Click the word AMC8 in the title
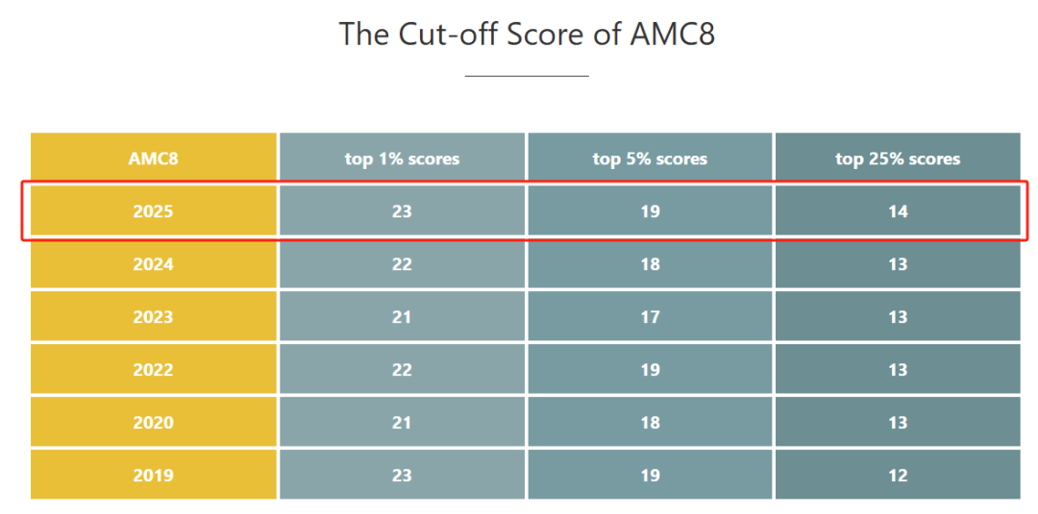tap(672, 35)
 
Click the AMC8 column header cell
tap(154, 159)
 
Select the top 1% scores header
tap(402, 159)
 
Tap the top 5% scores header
tap(650, 159)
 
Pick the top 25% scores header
tap(898, 159)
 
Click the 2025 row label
tap(154, 211)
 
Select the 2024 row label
tap(154, 264)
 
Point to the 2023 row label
tap(154, 317)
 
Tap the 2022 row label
tap(154, 370)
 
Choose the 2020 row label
tap(154, 423)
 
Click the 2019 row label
tap(154, 476)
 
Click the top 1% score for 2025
tap(402, 211)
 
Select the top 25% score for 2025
tap(898, 211)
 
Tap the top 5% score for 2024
tap(650, 264)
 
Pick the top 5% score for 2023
tap(650, 317)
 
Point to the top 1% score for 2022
tap(402, 370)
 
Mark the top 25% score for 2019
tap(898, 476)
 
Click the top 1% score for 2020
tap(402, 423)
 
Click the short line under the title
tap(526, 75)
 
